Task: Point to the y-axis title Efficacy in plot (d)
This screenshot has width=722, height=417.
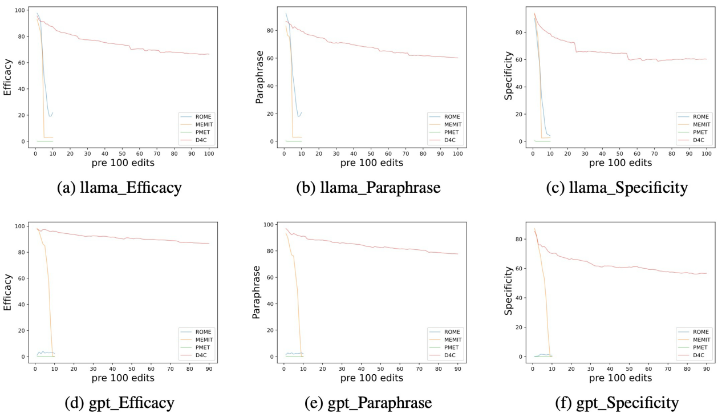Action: [x=8, y=292]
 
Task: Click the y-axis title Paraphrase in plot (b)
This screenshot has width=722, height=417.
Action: [x=259, y=74]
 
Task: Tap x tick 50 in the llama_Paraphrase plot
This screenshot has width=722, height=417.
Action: [x=371, y=153]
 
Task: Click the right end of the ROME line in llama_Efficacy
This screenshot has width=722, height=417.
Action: [x=53, y=112]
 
